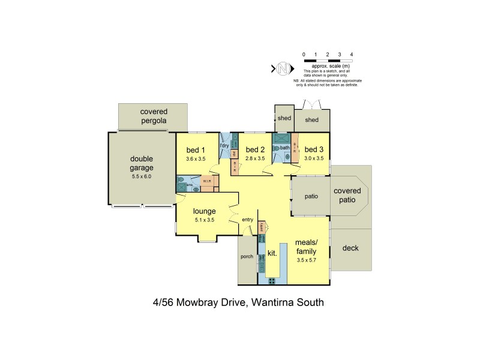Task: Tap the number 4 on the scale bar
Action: [x=352, y=55]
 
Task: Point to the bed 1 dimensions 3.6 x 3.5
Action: [x=196, y=159]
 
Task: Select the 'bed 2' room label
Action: [x=256, y=149]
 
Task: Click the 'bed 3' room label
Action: [x=314, y=149]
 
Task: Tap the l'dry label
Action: [x=225, y=146]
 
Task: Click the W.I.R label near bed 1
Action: [x=206, y=181]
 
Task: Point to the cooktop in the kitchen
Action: [x=271, y=280]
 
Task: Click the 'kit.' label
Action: [x=272, y=253]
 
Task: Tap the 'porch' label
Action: [x=247, y=257]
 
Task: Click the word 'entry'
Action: [x=248, y=220]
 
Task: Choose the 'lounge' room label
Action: [x=204, y=211]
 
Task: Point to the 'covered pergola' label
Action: [x=154, y=116]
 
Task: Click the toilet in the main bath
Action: [x=287, y=156]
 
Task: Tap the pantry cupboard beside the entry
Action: [x=262, y=228]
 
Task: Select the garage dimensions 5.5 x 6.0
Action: [x=142, y=177]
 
